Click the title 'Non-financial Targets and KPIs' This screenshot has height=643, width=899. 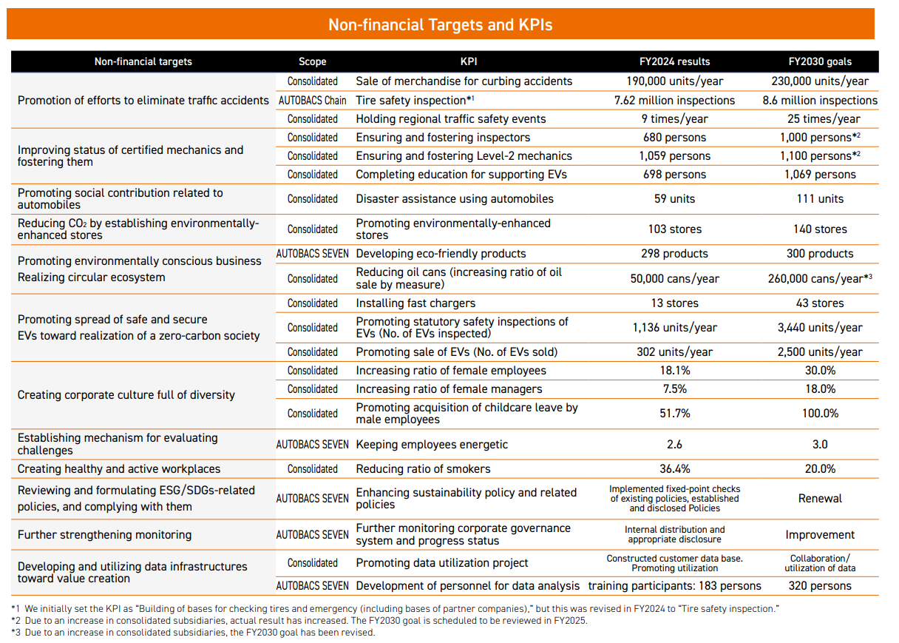point(440,24)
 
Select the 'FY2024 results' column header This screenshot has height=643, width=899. point(674,61)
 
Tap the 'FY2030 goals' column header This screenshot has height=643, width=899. point(820,61)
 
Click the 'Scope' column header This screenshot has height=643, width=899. point(312,61)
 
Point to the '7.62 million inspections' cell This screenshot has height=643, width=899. point(674,100)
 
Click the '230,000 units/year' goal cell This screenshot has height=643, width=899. point(820,81)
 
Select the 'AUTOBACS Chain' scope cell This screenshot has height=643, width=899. point(312,100)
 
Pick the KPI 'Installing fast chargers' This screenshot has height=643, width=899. point(415,303)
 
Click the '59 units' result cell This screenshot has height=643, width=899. point(674,198)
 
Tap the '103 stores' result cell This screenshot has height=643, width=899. point(674,229)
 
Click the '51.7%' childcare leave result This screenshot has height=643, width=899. point(674,414)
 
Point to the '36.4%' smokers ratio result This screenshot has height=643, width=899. point(674,469)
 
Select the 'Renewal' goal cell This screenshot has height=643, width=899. point(820,499)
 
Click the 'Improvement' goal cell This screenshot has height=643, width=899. point(820,535)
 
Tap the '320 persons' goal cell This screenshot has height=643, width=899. point(820,586)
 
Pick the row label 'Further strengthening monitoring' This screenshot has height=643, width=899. point(104,535)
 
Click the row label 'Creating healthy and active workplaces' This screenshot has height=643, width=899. point(119,469)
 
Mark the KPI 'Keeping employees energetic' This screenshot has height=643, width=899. point(432,445)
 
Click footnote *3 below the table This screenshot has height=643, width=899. point(192,633)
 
